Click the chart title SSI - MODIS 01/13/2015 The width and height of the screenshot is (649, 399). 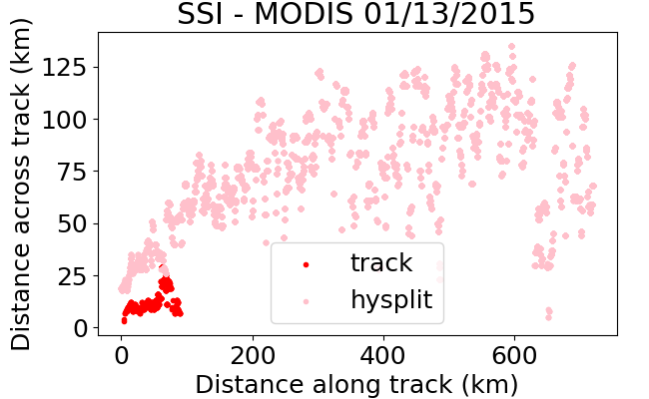(x=356, y=14)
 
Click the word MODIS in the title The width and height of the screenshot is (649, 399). (x=304, y=14)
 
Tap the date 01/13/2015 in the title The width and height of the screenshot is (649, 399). (x=449, y=14)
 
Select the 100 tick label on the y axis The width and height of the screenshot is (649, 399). (x=64, y=120)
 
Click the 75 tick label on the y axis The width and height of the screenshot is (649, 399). (x=72, y=172)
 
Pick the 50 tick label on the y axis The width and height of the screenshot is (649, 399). (x=72, y=223)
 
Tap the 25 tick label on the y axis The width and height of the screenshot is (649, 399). (x=72, y=276)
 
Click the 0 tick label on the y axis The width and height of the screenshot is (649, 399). (x=80, y=328)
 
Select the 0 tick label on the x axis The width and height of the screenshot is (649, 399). (x=121, y=355)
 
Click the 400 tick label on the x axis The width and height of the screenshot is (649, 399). (x=383, y=355)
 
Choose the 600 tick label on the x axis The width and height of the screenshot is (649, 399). (x=514, y=355)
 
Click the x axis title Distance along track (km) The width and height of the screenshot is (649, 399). (x=356, y=384)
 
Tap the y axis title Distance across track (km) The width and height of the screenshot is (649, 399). (x=21, y=184)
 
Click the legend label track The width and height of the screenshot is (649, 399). (x=381, y=262)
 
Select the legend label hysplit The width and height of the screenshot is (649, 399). (x=391, y=300)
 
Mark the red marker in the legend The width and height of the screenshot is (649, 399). (x=306, y=264)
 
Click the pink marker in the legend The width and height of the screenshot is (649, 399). (x=306, y=302)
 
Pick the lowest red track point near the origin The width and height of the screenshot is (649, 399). (x=124, y=320)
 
